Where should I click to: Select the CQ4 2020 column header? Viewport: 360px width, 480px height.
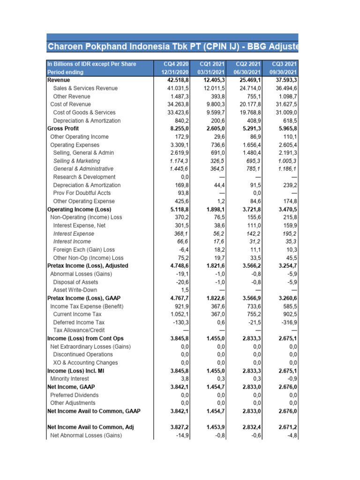click(x=176, y=64)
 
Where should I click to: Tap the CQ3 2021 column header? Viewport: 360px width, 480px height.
click(x=284, y=64)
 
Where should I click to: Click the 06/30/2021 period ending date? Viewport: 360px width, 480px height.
click(x=247, y=72)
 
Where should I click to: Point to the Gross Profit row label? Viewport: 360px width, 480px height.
click(x=63, y=128)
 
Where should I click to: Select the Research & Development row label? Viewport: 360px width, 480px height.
click(x=84, y=177)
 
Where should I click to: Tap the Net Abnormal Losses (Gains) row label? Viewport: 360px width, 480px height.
click(x=86, y=435)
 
